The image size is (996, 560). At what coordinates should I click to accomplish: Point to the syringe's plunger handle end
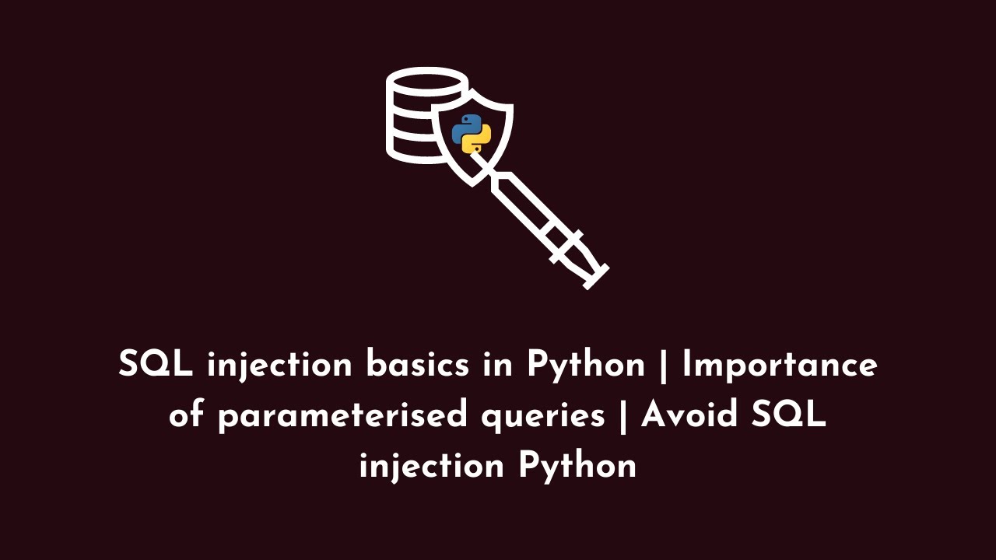(x=593, y=276)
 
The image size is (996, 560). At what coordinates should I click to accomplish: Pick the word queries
(x=542, y=417)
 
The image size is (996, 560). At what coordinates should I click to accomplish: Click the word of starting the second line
(x=187, y=415)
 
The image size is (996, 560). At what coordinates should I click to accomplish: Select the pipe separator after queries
(x=622, y=417)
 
